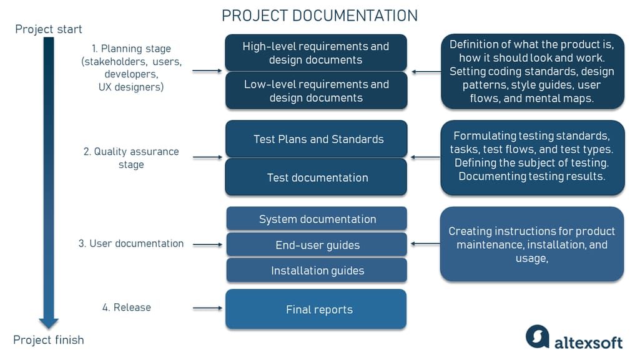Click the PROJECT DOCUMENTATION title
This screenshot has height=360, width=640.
coord(320,16)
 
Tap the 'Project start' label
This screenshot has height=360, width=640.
coord(49,29)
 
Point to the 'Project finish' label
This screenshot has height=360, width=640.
coord(49,340)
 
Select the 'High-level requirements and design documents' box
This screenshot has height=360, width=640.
coord(316,53)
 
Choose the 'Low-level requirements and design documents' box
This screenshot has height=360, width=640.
coord(316,91)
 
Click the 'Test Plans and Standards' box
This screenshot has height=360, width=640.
coord(316,139)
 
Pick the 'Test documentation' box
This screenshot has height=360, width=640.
coord(316,177)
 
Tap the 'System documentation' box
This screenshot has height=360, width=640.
coord(316,219)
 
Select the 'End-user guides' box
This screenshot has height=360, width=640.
coord(316,245)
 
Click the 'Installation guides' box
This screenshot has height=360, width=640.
coord(316,271)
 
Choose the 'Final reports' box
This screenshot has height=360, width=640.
coord(316,309)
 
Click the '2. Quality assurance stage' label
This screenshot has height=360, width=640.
coord(131,158)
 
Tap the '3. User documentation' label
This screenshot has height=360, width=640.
coord(131,243)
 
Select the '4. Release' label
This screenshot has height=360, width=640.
coord(127,307)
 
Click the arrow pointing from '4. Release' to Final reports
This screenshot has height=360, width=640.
coord(207,308)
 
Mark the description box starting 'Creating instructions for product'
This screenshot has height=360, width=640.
coord(532,244)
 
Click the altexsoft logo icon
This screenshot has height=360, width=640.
coord(537,337)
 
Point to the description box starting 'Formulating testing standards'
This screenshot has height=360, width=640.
coord(532,156)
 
